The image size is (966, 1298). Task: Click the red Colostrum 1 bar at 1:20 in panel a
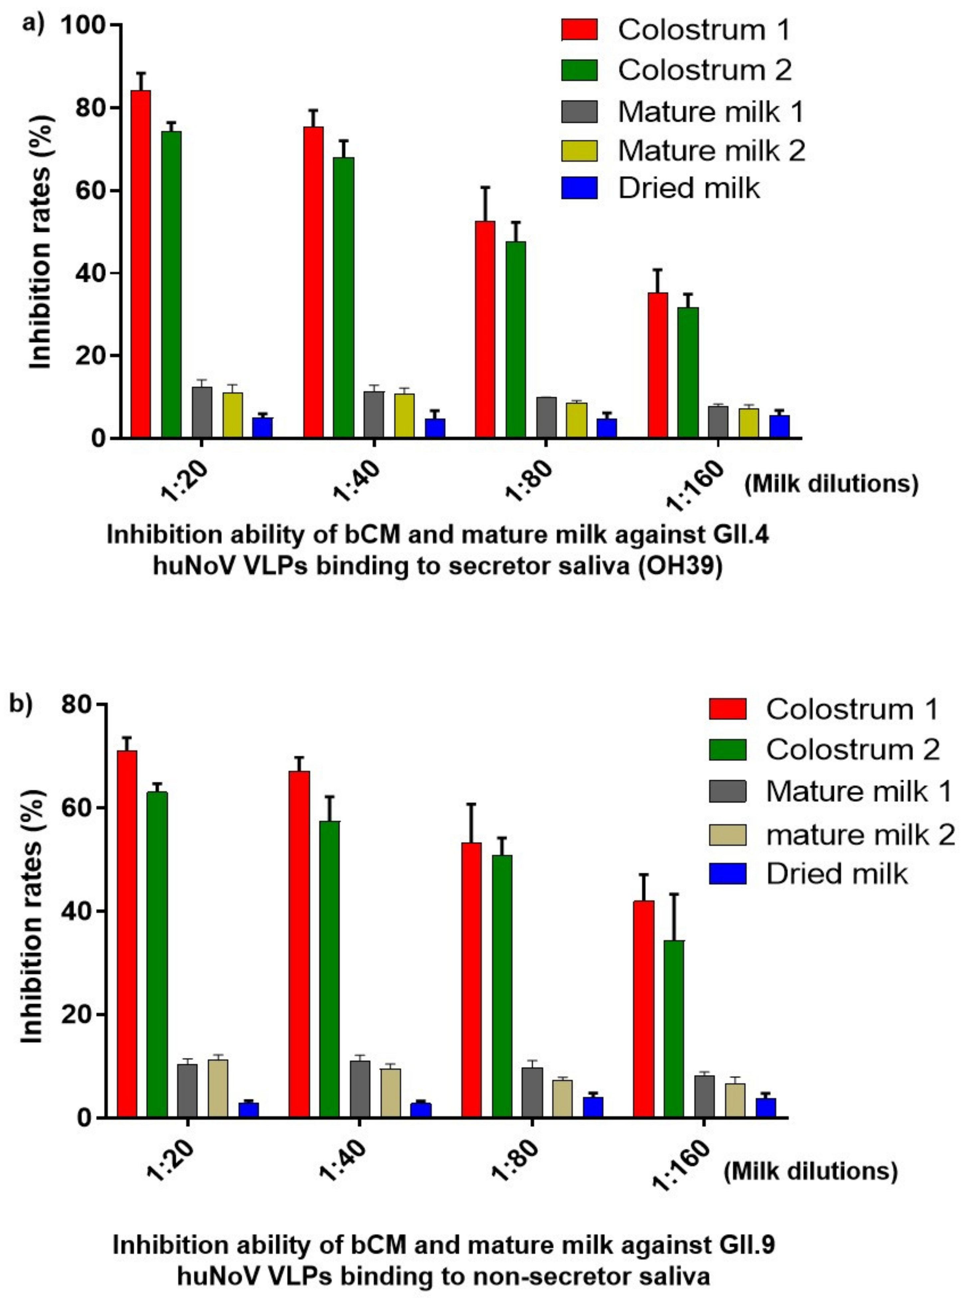140,263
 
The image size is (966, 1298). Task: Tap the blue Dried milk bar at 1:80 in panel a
606,428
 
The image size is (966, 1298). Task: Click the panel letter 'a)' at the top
33,25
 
